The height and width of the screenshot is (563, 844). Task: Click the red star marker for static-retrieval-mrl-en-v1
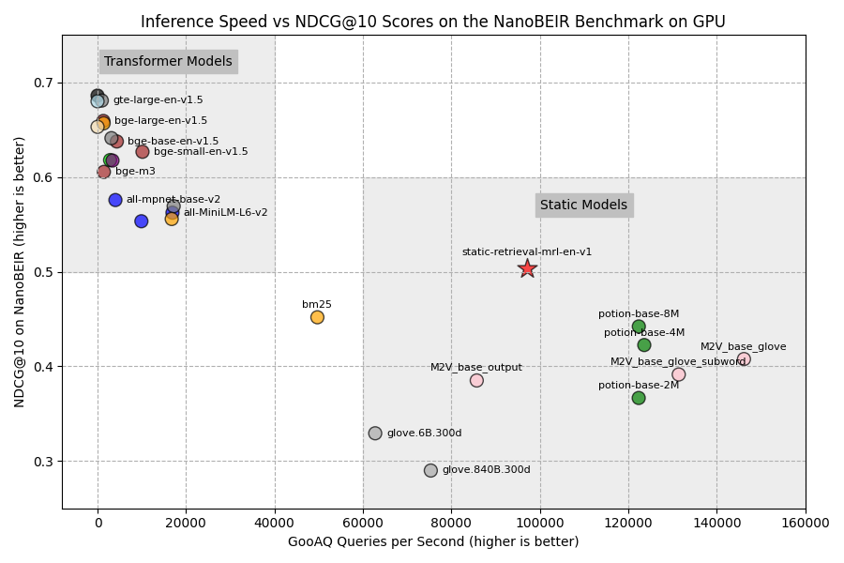527,268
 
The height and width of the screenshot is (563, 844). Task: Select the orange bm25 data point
317,317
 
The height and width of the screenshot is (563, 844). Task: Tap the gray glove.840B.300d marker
430,470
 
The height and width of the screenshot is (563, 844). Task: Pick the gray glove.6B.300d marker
375,434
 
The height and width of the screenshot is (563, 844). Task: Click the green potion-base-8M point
639,327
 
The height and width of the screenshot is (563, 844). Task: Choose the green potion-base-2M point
639,398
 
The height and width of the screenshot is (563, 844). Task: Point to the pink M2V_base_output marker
476,380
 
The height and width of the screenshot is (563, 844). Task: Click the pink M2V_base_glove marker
744,359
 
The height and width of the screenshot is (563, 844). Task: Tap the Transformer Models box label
168,62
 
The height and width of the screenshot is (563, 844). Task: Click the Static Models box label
583,205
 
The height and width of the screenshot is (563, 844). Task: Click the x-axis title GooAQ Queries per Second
432,542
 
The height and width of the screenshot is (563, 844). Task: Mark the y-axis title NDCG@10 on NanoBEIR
20,271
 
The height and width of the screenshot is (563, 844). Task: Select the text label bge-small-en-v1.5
201,152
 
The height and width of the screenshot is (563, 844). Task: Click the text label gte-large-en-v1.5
158,100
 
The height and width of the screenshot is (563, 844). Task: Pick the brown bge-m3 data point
103,172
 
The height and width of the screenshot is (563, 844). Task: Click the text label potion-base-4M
643,333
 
